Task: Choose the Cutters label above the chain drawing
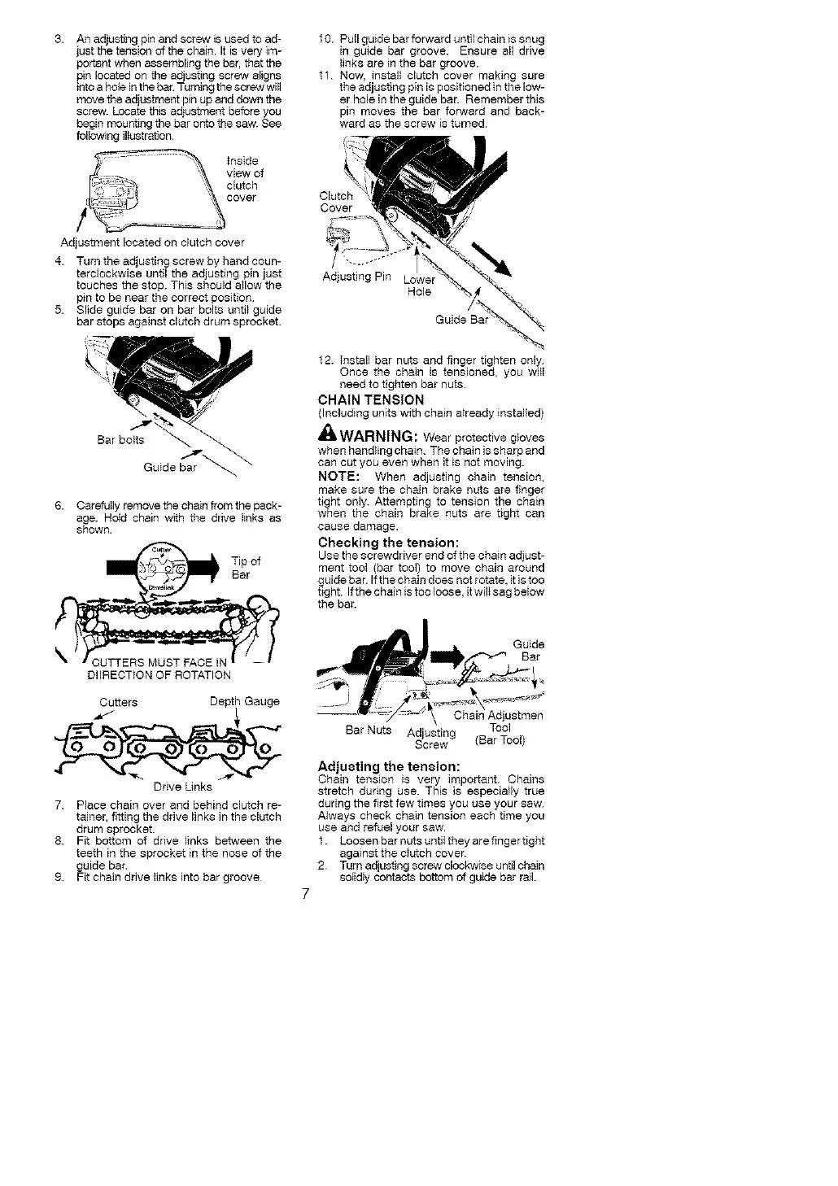[x=118, y=701]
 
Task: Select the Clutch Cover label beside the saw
[x=336, y=202]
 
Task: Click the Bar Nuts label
[x=369, y=730]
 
